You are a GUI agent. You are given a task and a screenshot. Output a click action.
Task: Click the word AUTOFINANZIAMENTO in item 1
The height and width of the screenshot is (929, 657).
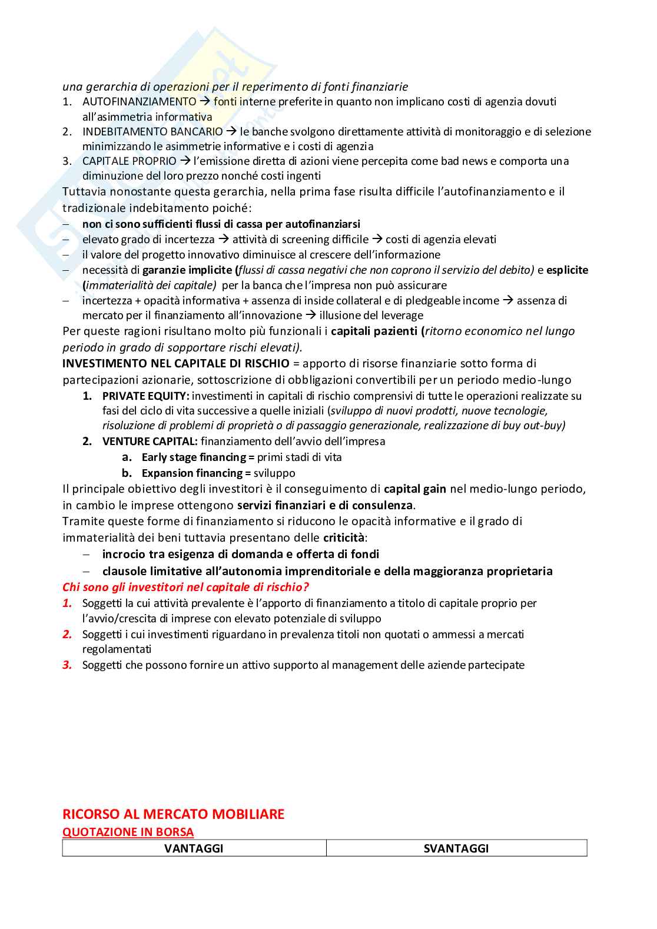pos(140,102)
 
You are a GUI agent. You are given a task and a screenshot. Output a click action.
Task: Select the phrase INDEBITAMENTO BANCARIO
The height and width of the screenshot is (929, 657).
pos(152,132)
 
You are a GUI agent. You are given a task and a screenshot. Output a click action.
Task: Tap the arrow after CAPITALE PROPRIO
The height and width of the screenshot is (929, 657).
pos(185,161)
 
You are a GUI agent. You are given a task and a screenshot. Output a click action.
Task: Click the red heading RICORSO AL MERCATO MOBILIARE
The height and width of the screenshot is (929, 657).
pos(173,814)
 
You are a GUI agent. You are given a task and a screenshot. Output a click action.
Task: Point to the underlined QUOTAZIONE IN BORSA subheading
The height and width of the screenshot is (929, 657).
pos(128,832)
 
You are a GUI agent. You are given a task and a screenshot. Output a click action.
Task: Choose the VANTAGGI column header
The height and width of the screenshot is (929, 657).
pos(194,848)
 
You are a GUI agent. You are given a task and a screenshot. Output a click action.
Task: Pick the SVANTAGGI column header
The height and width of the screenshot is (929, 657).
pos(456,848)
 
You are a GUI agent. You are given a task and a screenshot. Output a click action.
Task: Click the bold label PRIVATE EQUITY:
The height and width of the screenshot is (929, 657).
pos(145,396)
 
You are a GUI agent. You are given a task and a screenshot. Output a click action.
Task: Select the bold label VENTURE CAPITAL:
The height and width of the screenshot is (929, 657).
pos(150,442)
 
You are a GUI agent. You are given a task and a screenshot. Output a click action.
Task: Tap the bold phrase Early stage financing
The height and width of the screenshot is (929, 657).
pos(194,457)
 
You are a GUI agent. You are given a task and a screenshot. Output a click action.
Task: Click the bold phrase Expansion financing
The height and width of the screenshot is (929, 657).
pos(192,473)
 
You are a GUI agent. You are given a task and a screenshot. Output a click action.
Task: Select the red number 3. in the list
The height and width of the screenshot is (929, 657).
pos(68,665)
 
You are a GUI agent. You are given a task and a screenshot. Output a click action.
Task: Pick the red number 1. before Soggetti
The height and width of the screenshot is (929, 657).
pos(68,603)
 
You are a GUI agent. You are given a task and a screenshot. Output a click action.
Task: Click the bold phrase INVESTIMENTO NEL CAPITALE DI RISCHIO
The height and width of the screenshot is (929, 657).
pos(176,363)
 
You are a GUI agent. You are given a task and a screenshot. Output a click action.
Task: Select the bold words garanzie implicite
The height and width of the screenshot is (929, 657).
pos(187,270)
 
